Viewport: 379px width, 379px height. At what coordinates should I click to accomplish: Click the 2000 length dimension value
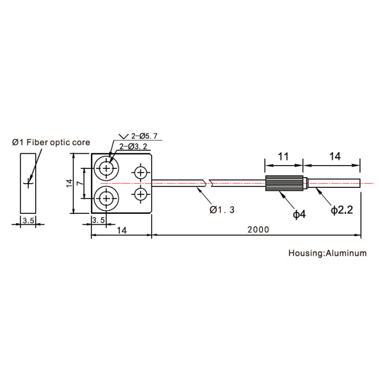click(x=258, y=230)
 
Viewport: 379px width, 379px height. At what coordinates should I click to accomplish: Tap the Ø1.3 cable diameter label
click(x=222, y=210)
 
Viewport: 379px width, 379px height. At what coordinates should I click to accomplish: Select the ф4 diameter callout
click(x=299, y=214)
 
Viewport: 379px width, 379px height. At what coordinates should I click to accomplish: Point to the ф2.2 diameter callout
click(x=342, y=210)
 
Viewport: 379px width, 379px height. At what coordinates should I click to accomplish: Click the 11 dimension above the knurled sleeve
click(x=283, y=156)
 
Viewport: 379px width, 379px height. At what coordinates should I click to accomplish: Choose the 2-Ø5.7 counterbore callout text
click(x=145, y=136)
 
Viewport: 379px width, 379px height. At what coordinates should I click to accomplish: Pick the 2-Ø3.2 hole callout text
click(x=133, y=147)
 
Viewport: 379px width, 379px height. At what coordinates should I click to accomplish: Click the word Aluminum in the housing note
click(x=346, y=253)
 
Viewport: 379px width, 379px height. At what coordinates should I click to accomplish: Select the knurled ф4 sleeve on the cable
click(x=284, y=183)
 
